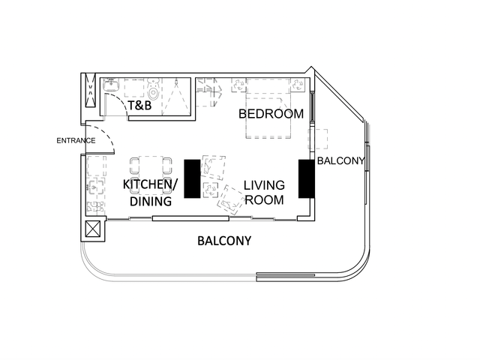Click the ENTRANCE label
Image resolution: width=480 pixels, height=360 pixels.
(76, 140)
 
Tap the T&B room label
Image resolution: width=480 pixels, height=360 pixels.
(139, 105)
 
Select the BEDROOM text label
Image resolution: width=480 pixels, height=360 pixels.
(271, 114)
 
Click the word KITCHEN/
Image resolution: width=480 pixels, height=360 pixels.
(150, 184)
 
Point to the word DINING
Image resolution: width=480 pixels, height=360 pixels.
(151, 202)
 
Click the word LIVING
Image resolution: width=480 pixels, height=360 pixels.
(264, 185)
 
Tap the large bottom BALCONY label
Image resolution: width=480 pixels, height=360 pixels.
(224, 241)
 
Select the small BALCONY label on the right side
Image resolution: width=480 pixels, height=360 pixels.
(340, 160)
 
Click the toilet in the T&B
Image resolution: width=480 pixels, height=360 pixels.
(153, 88)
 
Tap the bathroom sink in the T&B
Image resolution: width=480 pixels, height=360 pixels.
(111, 85)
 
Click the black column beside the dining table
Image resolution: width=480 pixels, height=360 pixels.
(192, 178)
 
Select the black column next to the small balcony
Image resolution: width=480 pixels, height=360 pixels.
(307, 178)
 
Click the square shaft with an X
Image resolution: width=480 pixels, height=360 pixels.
(93, 229)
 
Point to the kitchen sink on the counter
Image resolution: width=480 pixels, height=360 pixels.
(96, 186)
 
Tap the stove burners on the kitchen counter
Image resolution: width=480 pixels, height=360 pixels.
(95, 207)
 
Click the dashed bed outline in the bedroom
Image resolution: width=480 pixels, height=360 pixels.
(268, 108)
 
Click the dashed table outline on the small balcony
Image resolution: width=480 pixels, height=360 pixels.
(318, 139)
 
